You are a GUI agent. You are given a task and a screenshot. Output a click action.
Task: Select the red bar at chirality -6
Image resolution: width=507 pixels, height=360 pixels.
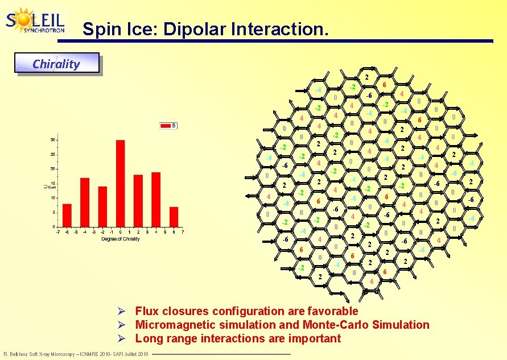67,214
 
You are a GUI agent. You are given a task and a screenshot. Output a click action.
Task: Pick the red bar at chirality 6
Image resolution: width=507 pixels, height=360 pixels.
174,216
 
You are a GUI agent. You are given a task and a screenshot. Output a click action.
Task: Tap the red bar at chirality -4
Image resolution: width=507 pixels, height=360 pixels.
85,202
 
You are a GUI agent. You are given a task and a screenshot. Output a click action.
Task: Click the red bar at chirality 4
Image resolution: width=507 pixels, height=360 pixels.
156,199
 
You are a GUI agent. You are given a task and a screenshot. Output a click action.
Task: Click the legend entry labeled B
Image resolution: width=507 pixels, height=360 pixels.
168,126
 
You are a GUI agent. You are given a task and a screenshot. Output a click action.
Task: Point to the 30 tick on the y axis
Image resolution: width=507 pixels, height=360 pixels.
53,140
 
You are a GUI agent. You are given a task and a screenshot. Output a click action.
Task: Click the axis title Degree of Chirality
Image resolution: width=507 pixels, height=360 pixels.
120,239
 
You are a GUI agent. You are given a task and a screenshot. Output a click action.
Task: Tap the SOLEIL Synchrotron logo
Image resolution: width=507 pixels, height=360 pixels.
35,21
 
